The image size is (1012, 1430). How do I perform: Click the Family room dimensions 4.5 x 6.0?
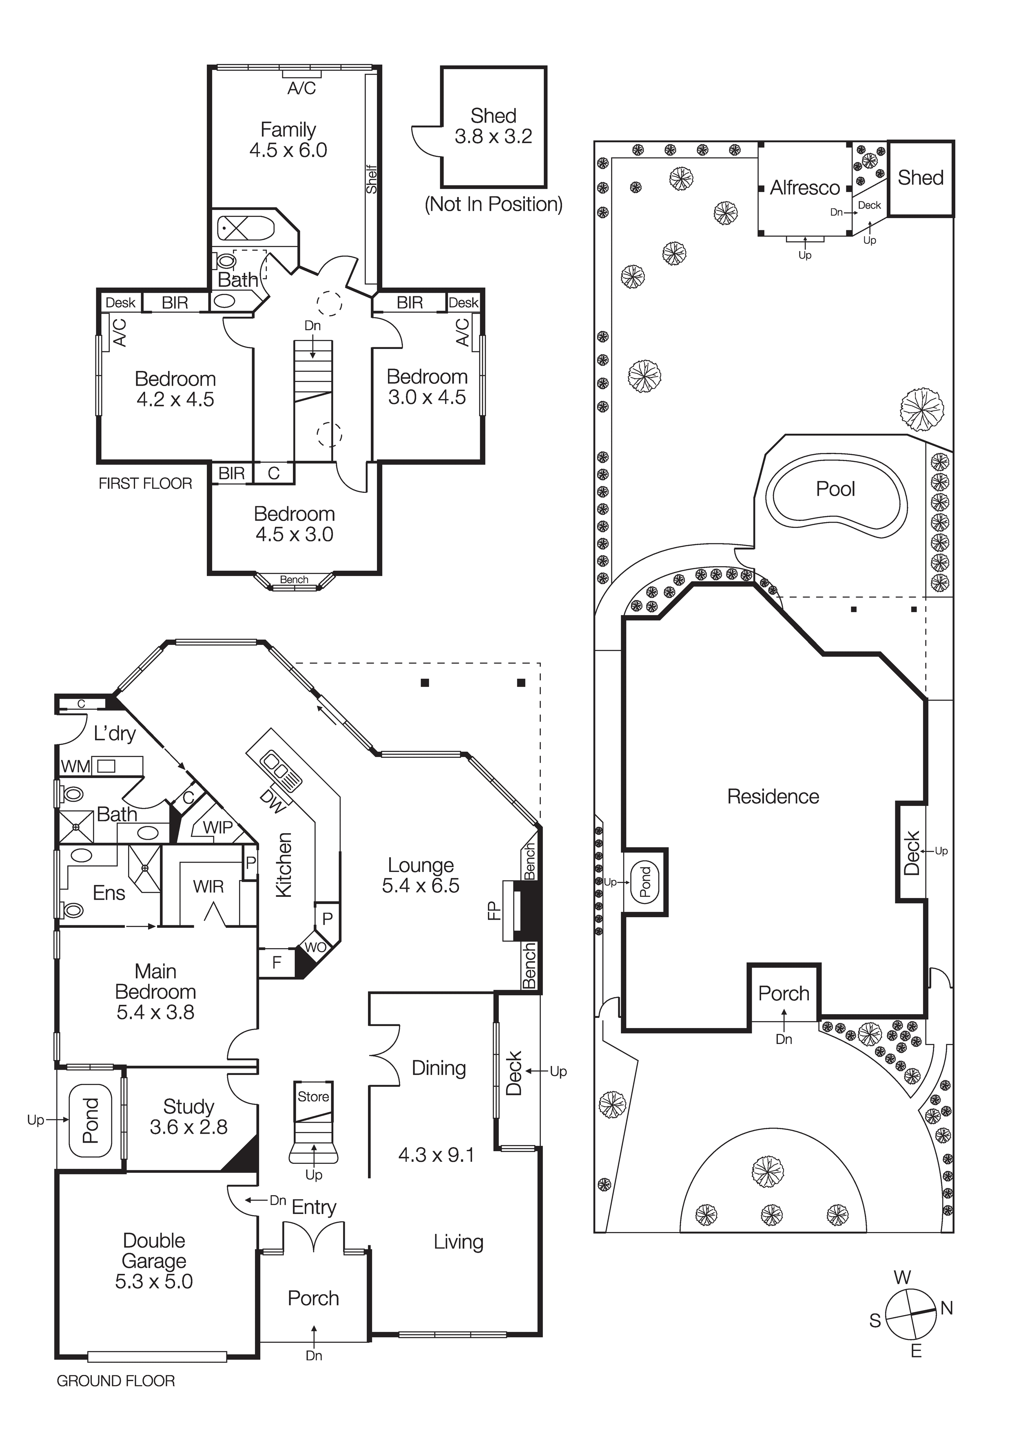point(288,150)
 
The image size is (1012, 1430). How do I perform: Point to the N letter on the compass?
point(947,1308)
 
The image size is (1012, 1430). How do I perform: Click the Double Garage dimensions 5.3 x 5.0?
point(154,1281)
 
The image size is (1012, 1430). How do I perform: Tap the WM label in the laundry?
point(75,767)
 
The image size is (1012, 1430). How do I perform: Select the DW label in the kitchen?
point(272,801)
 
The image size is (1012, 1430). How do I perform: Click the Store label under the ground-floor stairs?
point(313,1096)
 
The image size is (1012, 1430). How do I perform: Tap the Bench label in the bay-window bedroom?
point(294,579)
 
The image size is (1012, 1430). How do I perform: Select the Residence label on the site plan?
point(773,796)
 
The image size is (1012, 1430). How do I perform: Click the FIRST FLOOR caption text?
point(145,484)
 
